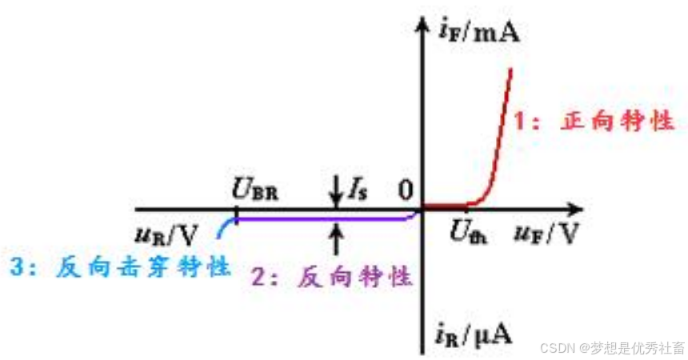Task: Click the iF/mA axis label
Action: click(479, 31)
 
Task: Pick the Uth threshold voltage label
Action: click(468, 234)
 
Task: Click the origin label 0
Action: click(406, 190)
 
